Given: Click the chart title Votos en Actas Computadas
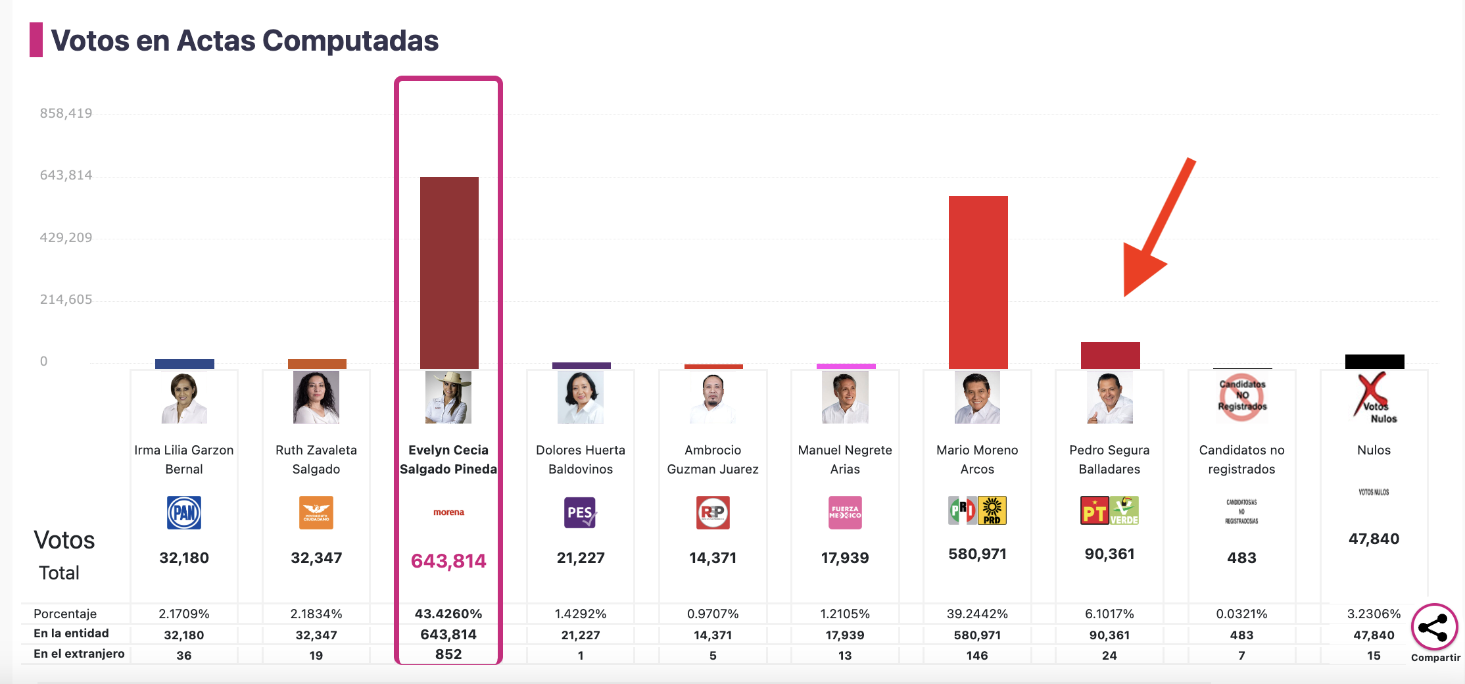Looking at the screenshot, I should (x=244, y=41).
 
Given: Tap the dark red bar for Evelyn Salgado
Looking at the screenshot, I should (x=449, y=272).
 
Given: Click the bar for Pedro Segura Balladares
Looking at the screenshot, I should (x=1110, y=355).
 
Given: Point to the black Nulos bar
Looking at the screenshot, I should (x=1374, y=361).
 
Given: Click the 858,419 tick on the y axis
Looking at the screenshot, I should (x=66, y=113).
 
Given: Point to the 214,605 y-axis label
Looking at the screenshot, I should (x=66, y=299).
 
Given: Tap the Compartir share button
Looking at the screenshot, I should (x=1434, y=627).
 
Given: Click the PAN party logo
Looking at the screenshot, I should (x=184, y=512).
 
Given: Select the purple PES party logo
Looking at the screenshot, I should (x=580, y=512).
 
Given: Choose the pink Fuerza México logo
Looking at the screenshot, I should (x=845, y=512).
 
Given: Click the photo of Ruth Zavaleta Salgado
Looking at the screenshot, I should (x=316, y=397).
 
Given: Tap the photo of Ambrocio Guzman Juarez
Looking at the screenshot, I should (x=713, y=397).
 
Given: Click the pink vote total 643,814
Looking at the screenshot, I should (x=448, y=560).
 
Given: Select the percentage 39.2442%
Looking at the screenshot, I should (x=977, y=614).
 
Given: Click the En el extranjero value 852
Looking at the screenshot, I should (x=448, y=654).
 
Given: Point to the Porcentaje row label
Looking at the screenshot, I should (x=65, y=614).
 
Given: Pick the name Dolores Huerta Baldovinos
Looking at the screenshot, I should (x=581, y=459).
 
